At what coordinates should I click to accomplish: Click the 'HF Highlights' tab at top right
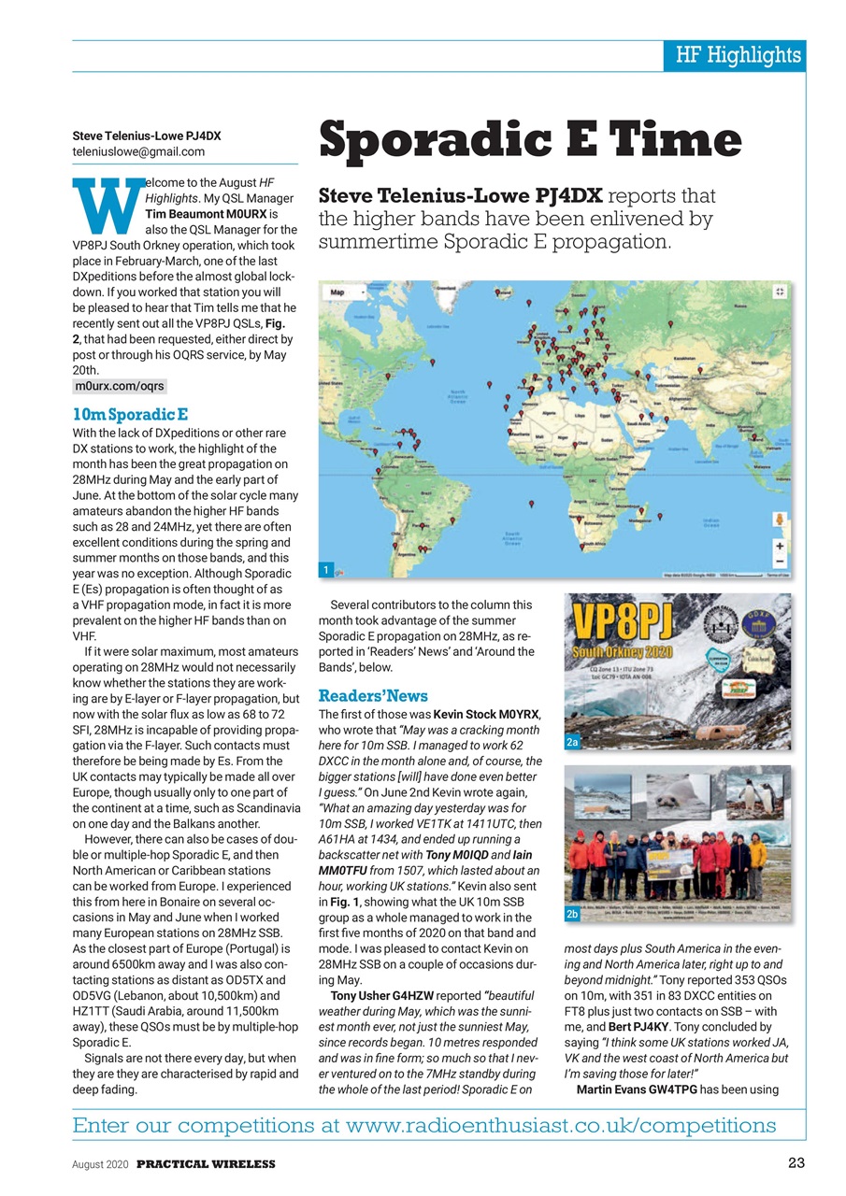[738, 55]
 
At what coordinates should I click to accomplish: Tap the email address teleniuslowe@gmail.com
[138, 151]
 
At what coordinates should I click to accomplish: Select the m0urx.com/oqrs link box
[119, 386]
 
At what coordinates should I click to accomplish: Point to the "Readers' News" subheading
[373, 695]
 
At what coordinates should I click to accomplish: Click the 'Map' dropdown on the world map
[342, 292]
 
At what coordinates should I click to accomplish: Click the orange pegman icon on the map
[779, 519]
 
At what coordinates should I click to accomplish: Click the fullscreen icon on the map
[779, 292]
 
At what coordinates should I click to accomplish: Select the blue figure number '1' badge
[326, 569]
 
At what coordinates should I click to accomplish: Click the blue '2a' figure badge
[574, 741]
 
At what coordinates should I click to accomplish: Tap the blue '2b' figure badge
[574, 913]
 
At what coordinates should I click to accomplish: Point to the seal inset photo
[678, 794]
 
